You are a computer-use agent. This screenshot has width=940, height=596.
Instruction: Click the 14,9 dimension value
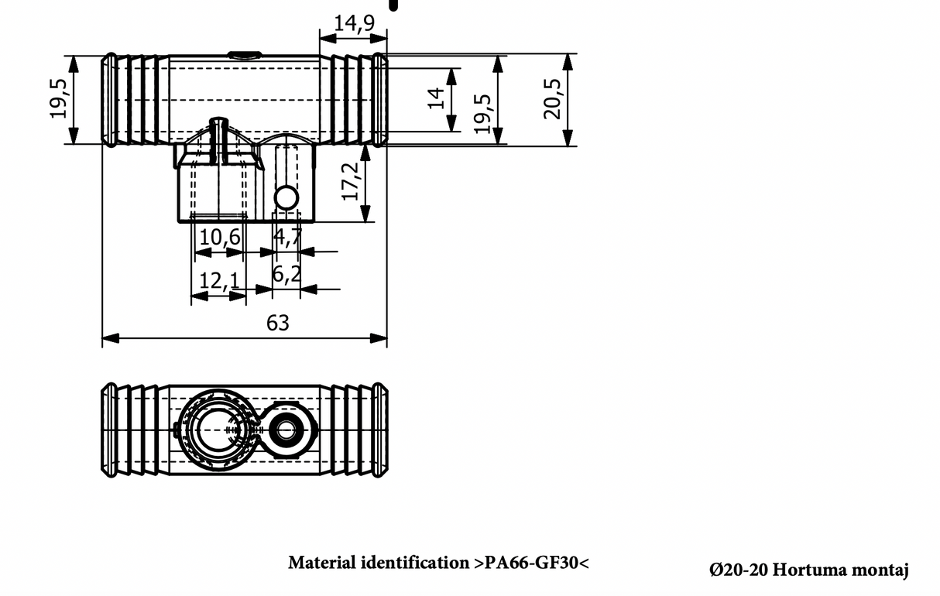[x=354, y=23]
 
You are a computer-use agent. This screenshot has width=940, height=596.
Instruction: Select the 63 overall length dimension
[x=277, y=323]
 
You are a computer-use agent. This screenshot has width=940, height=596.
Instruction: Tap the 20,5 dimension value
[x=552, y=98]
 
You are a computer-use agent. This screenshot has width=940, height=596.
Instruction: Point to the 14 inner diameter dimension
[x=437, y=98]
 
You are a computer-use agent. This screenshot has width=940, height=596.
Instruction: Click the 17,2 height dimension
[x=352, y=181]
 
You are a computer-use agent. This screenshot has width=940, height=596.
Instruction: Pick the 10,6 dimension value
[x=219, y=237]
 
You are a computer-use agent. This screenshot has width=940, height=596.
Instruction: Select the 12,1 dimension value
[x=219, y=280]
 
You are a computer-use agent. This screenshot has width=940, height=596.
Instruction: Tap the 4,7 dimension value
[x=287, y=237]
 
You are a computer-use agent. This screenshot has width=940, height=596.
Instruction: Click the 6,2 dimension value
[x=286, y=273]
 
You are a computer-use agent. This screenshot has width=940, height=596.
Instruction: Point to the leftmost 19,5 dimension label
[x=60, y=98]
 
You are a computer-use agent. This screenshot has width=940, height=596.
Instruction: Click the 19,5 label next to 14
[x=482, y=113]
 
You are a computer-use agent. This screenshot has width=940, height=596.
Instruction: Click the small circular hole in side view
[x=286, y=198]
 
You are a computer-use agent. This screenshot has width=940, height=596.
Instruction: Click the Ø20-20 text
[x=738, y=570]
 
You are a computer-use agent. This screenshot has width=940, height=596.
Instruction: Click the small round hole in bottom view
[x=287, y=428]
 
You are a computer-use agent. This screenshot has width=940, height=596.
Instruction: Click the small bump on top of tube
[x=244, y=54]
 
